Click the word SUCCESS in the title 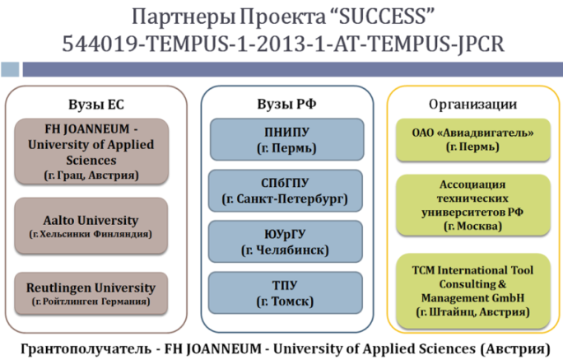[x=383, y=16]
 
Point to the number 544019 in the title [x=100, y=44]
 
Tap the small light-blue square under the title [x=10, y=69]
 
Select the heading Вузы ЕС [x=96, y=105]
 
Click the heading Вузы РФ [x=286, y=104]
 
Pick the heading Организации [x=473, y=104]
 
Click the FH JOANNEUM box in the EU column [x=91, y=152]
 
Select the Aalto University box [x=91, y=226]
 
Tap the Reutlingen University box [x=91, y=293]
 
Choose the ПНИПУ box [x=287, y=139]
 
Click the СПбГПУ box [x=286, y=191]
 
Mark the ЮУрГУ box [x=286, y=241]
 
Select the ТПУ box [x=286, y=292]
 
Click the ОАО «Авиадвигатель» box [x=473, y=139]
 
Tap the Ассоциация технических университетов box [x=473, y=205]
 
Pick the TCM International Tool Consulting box [x=473, y=291]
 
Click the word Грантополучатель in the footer [x=86, y=348]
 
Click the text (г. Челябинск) [x=286, y=250]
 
